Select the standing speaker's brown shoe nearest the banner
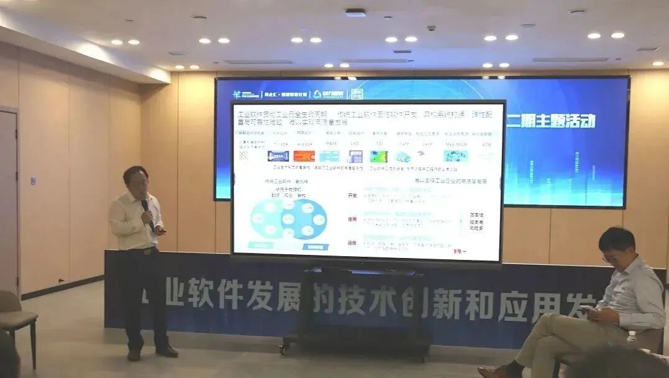coord(166,351)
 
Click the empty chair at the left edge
coord(16,317)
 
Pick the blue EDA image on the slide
coord(278,156)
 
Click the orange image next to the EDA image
coord(304,156)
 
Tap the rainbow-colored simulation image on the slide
coord(378,156)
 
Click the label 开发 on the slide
coord(352,195)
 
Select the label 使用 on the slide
coord(352,219)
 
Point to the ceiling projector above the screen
coord(355,12)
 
